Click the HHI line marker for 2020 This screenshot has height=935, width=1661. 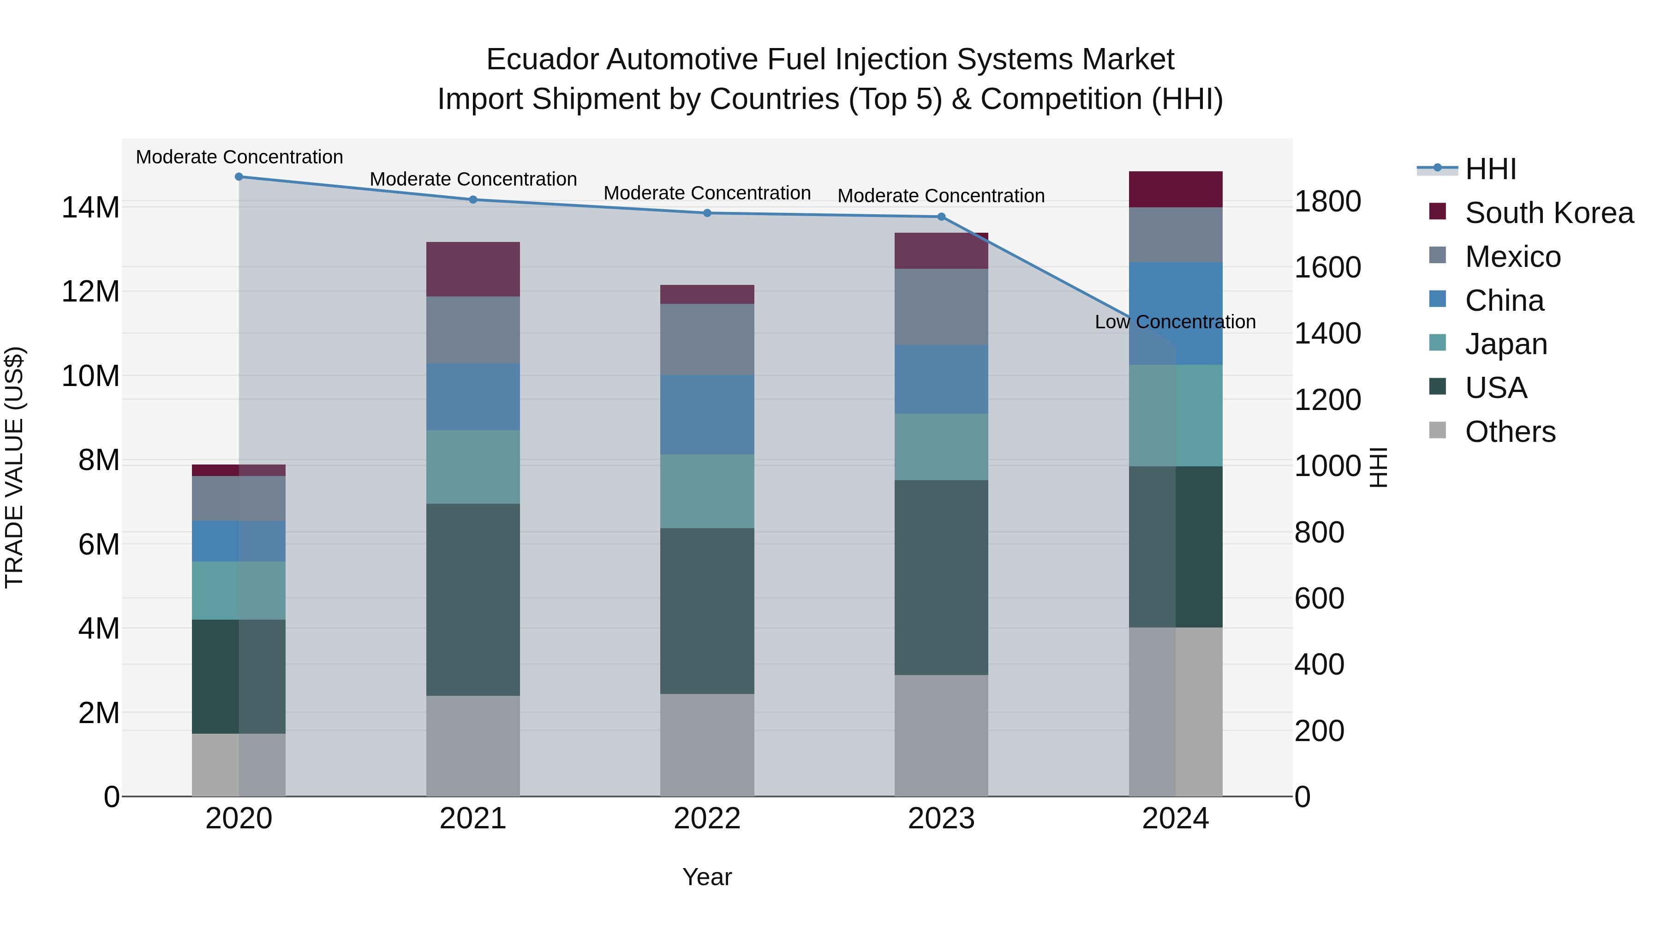coord(239,177)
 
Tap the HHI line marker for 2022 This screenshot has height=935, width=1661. coord(707,213)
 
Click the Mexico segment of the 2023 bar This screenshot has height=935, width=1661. coord(941,307)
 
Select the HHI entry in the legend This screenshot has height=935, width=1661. coord(1489,169)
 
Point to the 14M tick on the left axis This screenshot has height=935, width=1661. coord(90,208)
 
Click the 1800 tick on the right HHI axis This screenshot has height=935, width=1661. coord(1327,201)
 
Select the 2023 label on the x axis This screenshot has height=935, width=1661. coord(941,819)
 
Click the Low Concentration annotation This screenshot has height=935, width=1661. coord(1175,321)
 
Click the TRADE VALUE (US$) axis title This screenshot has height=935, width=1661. coord(14,467)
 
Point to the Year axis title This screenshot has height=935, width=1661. coord(707,877)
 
